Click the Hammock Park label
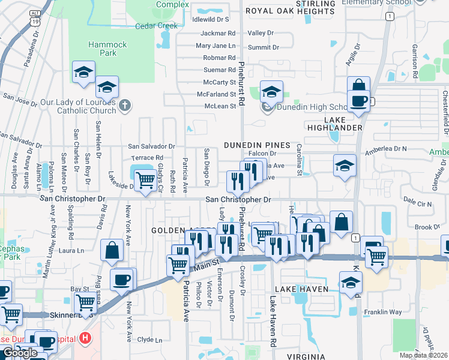(108, 49)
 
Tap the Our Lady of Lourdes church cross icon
(125, 106)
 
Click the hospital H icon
(86, 338)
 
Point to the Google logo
(20, 353)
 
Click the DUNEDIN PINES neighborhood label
(257, 145)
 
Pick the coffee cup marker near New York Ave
(122, 279)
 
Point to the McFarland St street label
(217, 94)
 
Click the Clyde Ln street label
(149, 340)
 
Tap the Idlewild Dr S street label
(211, 19)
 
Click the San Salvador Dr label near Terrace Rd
(151, 146)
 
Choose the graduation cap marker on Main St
(351, 282)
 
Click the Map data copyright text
(423, 355)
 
